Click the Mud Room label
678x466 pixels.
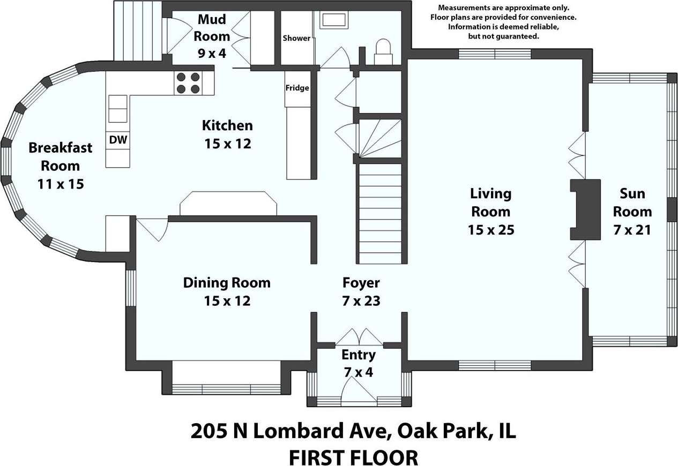[212, 27]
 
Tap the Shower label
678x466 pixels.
[296, 38]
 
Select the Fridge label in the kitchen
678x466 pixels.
[297, 88]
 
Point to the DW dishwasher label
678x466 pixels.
[118, 140]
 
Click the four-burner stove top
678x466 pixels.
[188, 83]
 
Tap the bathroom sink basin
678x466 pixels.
[334, 20]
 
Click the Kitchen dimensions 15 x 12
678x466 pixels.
[228, 144]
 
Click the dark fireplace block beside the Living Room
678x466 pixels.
[585, 209]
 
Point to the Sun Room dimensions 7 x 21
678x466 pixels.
[632, 230]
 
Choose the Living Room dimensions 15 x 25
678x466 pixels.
[491, 230]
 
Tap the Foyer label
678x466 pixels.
[361, 283]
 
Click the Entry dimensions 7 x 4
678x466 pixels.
[359, 372]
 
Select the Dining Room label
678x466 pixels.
[227, 283]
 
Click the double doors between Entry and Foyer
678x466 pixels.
[359, 337]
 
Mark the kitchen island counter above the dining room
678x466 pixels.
[228, 203]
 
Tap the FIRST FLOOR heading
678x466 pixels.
[354, 457]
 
